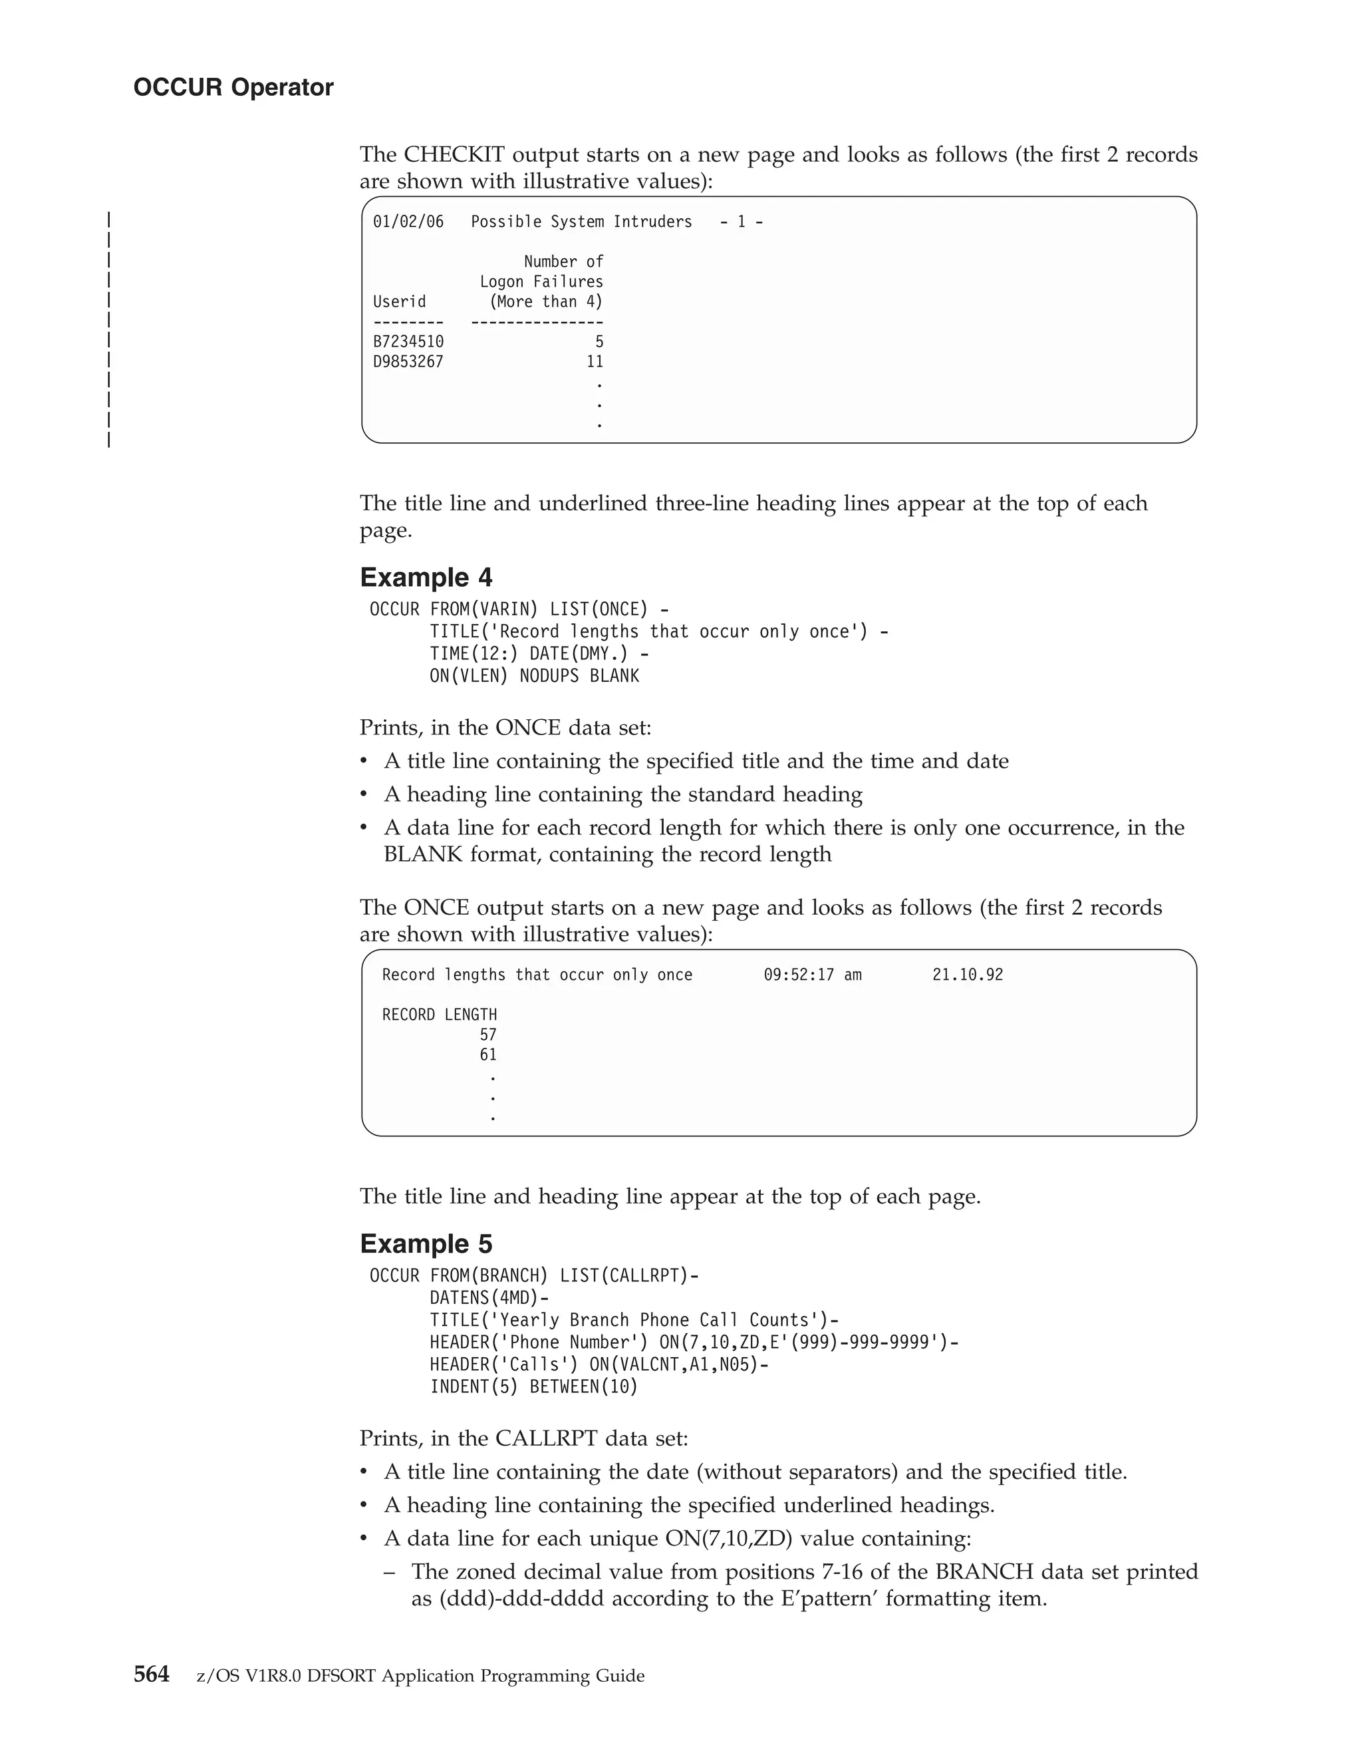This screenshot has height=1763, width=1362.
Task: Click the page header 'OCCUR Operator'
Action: pos(233,87)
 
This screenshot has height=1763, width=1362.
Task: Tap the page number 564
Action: pos(151,1675)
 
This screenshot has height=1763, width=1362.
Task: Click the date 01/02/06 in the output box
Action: pos(408,222)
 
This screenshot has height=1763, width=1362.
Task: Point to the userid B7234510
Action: pos(408,341)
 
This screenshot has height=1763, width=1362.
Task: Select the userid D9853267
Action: pos(408,362)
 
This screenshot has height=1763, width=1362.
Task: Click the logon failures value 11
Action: pos(595,362)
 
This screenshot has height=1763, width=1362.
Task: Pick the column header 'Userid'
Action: pos(400,302)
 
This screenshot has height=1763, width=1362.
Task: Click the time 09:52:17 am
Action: pos(813,975)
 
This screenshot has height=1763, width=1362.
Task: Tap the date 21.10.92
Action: pos(968,975)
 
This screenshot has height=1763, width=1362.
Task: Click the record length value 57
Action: pos(488,1035)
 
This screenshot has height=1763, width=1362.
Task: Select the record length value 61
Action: pos(488,1055)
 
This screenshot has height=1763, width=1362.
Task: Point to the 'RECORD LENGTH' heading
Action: pos(440,1015)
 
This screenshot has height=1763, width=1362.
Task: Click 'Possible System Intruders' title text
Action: pos(582,222)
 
